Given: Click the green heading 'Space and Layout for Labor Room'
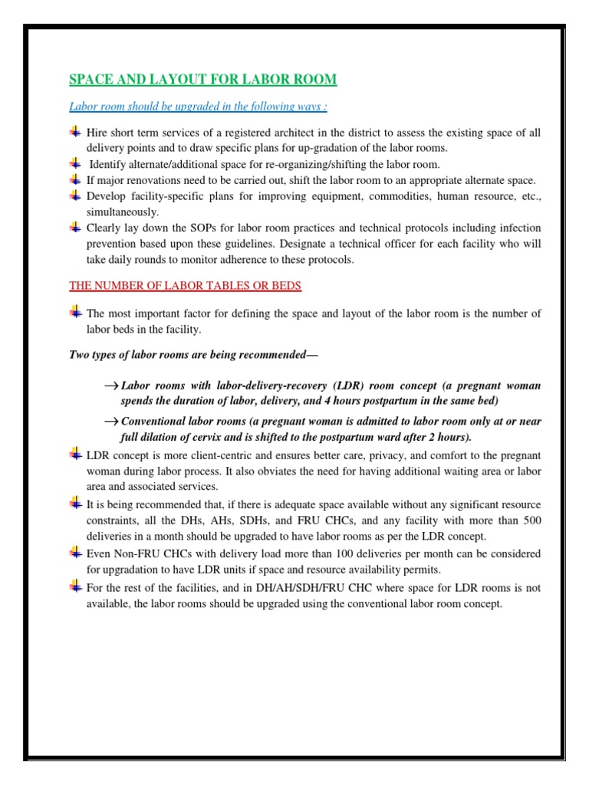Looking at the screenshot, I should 202,80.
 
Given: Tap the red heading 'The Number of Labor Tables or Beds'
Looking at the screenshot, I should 186,286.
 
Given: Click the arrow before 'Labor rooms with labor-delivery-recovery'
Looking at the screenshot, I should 110,386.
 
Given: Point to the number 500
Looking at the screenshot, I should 529,521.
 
